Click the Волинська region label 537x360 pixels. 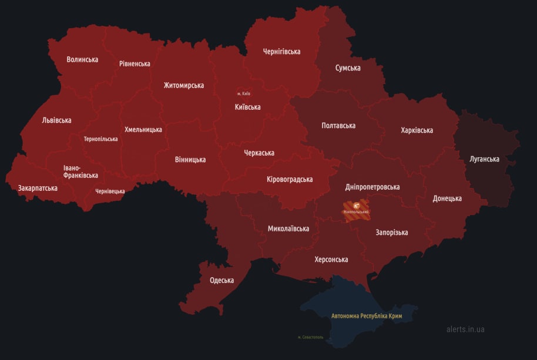[82, 59]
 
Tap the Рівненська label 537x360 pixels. [135, 63]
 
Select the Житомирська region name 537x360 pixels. [184, 85]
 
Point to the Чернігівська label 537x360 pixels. [281, 51]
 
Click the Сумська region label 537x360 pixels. [348, 68]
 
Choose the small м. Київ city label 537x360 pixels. [244, 93]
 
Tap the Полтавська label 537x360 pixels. [338, 125]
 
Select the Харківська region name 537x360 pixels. [417, 130]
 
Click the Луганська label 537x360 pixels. [485, 159]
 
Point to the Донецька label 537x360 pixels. [447, 198]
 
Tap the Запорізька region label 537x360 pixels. [391, 233]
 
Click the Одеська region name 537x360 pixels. [221, 280]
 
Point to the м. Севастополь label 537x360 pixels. [310, 337]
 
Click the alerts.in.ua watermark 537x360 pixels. [465, 329]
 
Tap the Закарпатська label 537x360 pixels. [38, 188]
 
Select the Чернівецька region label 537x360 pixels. [110, 191]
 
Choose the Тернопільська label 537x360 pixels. [100, 139]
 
